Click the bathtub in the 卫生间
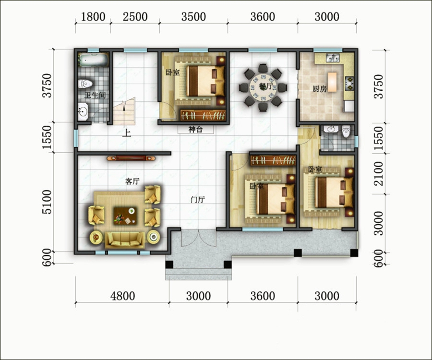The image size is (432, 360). (x=94, y=60)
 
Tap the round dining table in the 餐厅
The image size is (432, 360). (x=263, y=87)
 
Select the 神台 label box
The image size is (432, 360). (x=195, y=130)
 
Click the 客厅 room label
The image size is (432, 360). (x=132, y=181)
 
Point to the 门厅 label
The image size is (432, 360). (x=198, y=200)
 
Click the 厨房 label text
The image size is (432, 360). (x=320, y=89)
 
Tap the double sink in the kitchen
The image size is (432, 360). (x=333, y=58)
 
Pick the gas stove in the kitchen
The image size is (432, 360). (x=349, y=83)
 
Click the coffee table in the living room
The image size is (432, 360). (x=125, y=216)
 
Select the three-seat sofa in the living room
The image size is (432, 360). (x=125, y=240)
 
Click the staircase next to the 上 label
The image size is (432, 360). (x=124, y=111)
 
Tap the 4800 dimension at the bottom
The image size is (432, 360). (x=122, y=296)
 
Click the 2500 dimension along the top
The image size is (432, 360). (x=135, y=17)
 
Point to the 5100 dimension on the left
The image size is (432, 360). (x=47, y=202)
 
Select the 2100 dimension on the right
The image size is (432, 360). (x=379, y=174)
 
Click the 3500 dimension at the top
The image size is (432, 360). (x=193, y=17)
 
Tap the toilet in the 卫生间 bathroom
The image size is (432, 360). (x=85, y=84)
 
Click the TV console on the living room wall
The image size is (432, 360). (x=131, y=158)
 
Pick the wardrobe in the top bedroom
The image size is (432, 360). (x=203, y=115)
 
